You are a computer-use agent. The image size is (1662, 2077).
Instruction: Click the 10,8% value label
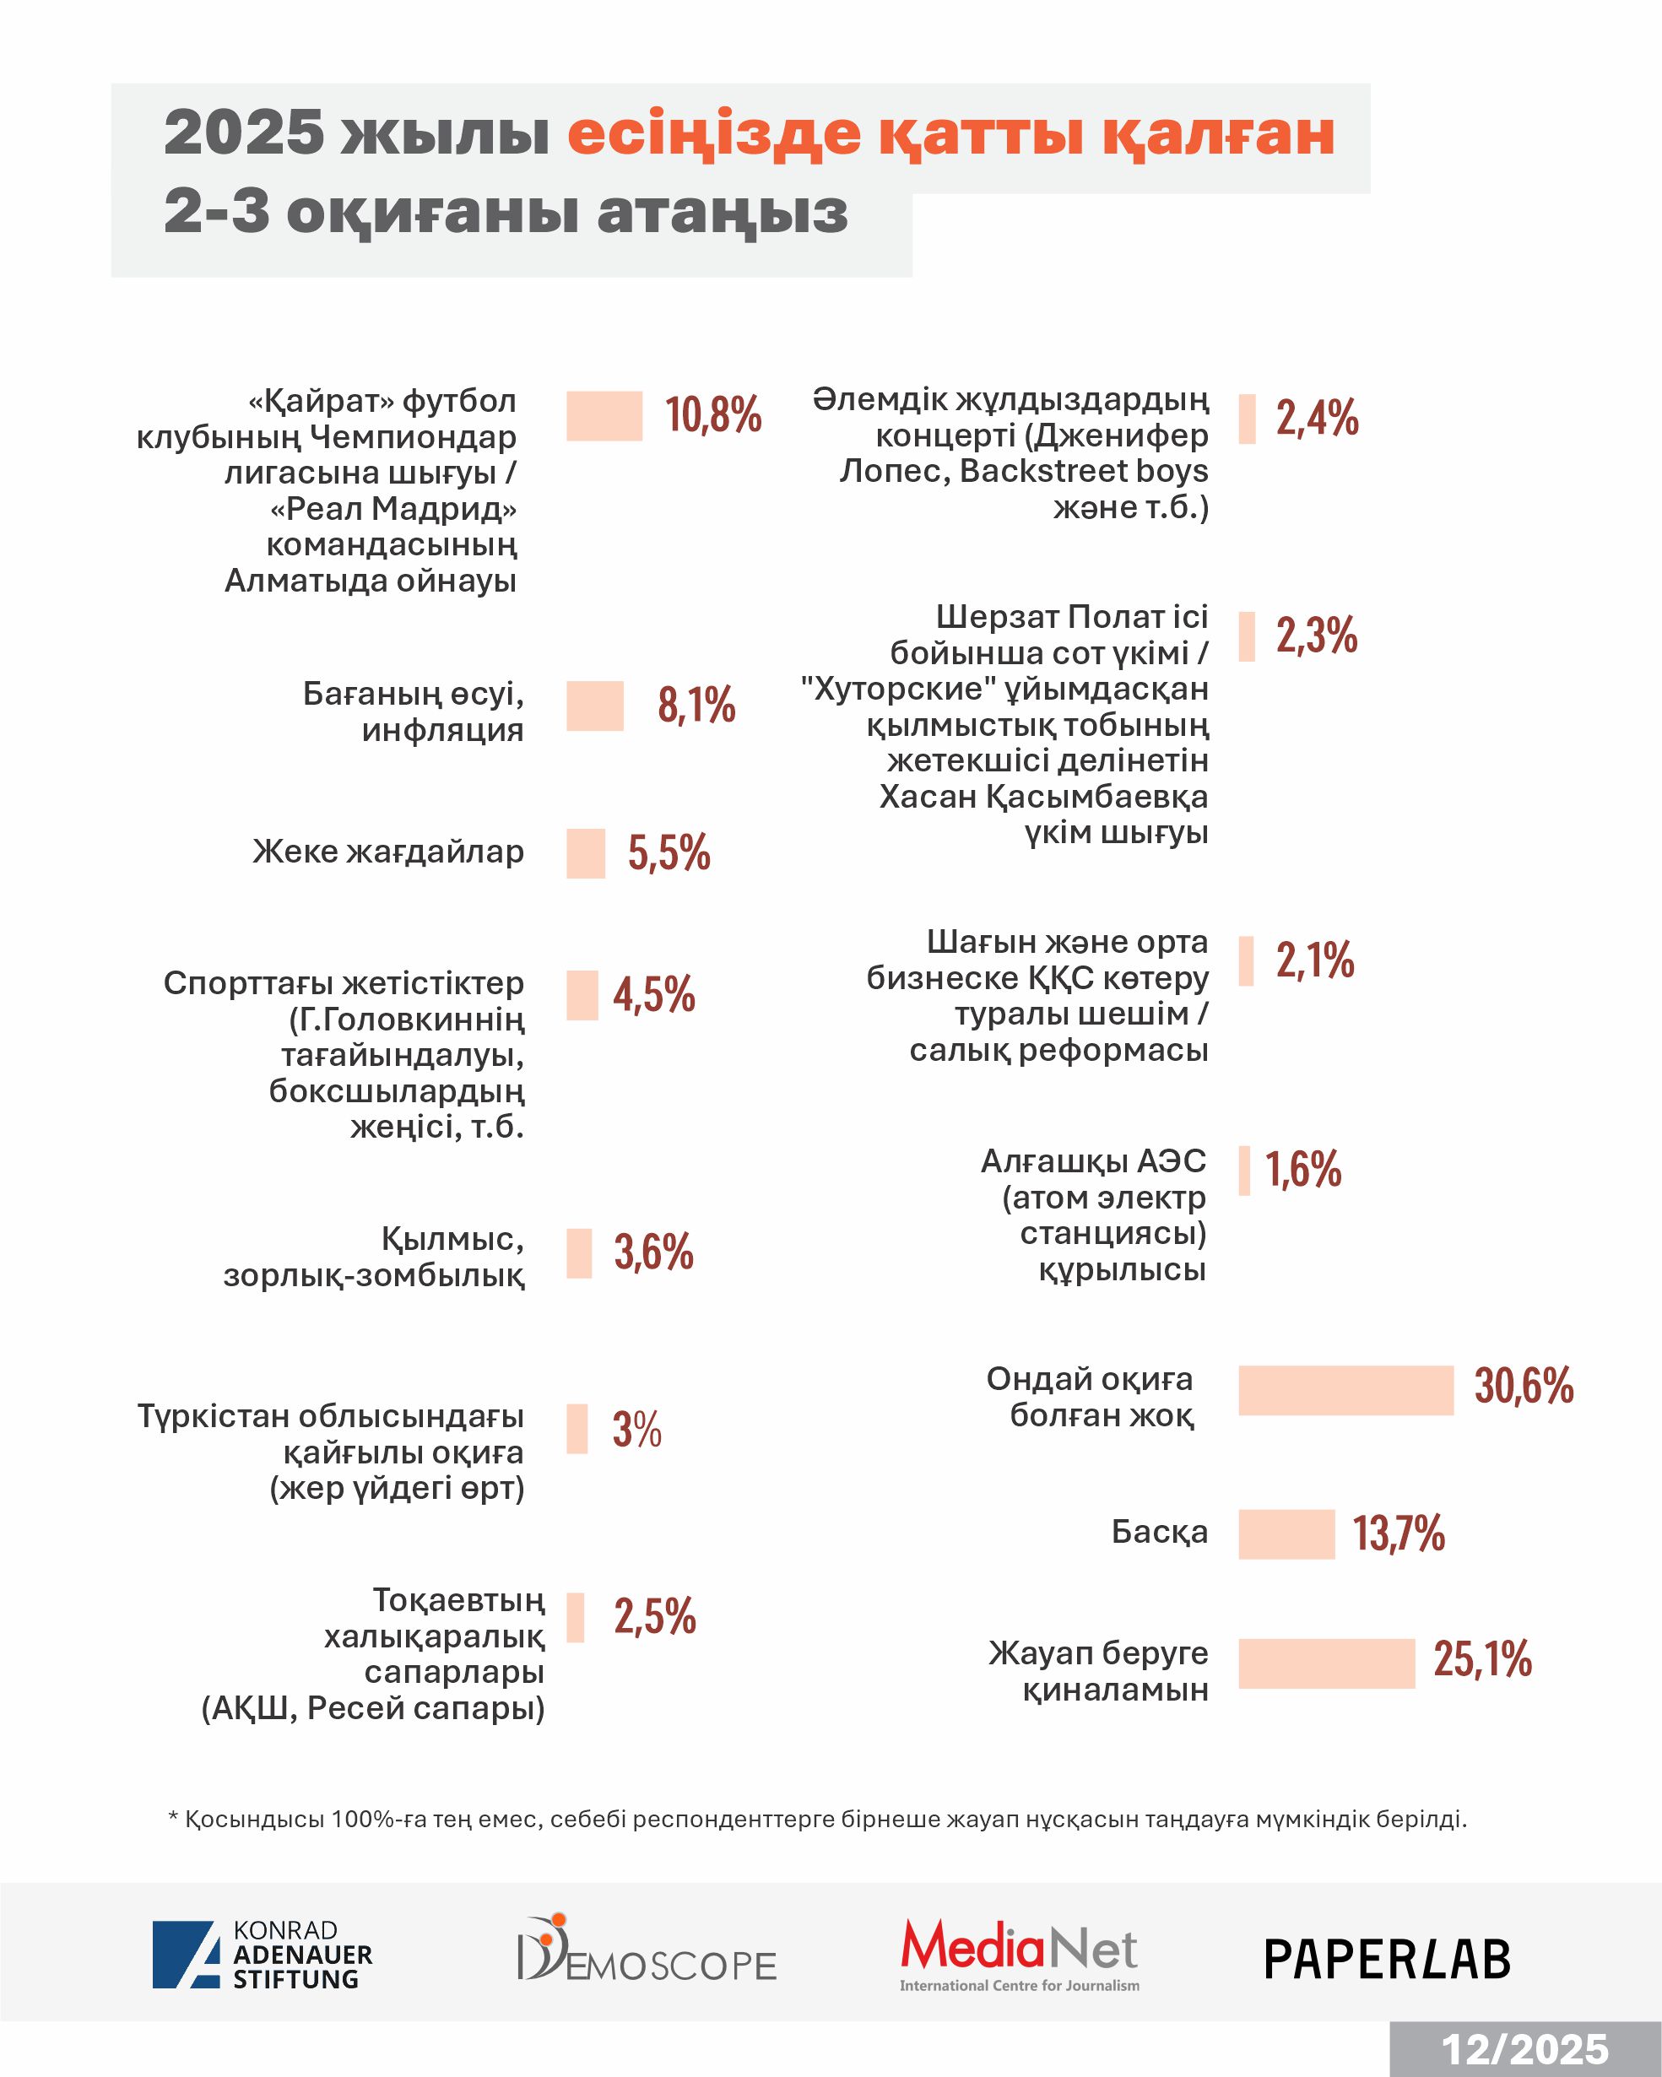[713, 415]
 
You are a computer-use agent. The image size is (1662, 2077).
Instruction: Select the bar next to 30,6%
[1345, 1390]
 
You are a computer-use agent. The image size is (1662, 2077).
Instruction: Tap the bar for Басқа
[1286, 1534]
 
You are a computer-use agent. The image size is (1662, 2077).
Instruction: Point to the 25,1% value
[1482, 1660]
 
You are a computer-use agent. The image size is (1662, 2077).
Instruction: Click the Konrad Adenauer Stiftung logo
[262, 1955]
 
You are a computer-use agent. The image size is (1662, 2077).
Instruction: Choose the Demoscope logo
[647, 1950]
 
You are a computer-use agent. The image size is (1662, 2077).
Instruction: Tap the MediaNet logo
[1020, 1955]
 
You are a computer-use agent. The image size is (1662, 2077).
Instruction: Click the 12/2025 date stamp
[1524, 2049]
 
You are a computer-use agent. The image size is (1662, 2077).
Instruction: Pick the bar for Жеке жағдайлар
[585, 853]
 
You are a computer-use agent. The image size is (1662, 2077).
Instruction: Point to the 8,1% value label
[696, 706]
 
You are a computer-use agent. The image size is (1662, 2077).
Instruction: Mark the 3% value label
[636, 1430]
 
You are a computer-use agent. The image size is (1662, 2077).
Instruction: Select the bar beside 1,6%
[1244, 1171]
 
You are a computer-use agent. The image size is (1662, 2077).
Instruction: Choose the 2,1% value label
[1315, 961]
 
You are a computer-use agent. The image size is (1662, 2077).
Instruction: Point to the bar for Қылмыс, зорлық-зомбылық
[579, 1253]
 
